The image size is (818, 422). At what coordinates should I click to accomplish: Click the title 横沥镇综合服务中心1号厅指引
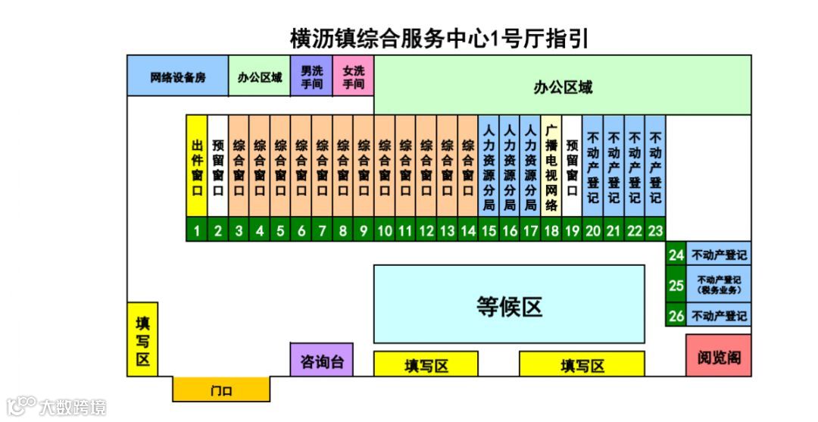tap(439, 38)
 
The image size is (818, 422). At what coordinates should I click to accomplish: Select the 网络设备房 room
tap(177, 77)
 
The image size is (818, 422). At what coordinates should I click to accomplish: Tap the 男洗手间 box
tap(311, 77)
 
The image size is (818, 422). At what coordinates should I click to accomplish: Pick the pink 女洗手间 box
tap(353, 77)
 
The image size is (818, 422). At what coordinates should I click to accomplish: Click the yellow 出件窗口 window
tap(197, 167)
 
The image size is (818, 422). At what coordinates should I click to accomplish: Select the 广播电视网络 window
tap(551, 167)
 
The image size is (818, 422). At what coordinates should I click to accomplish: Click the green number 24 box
tap(676, 255)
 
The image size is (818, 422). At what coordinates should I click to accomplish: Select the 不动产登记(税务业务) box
tap(718, 285)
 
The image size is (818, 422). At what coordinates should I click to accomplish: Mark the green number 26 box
tap(676, 315)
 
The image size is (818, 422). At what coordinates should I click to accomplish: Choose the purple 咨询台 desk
tap(322, 361)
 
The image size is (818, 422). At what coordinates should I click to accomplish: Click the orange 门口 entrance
tap(221, 390)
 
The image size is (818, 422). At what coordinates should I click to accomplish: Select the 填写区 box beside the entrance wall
tap(142, 339)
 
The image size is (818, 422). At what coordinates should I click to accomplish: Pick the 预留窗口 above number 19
tap(572, 167)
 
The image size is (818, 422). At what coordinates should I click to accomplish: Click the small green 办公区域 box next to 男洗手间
tap(259, 77)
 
